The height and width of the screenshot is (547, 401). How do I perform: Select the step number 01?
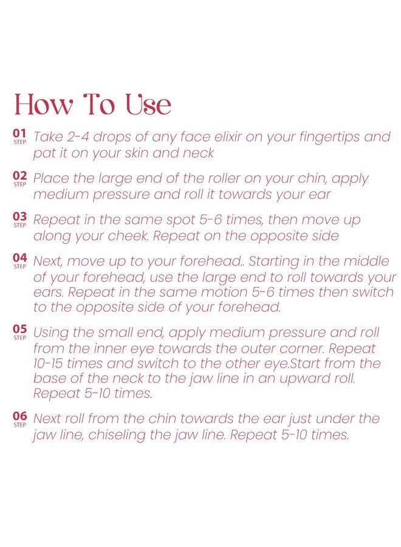coord(19,133)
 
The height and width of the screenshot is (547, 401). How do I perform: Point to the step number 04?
coord(19,258)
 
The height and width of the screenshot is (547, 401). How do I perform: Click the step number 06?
coord(19,416)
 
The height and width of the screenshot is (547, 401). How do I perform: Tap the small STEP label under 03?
coord(19,225)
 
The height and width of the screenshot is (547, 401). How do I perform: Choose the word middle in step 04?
coord(365,261)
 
